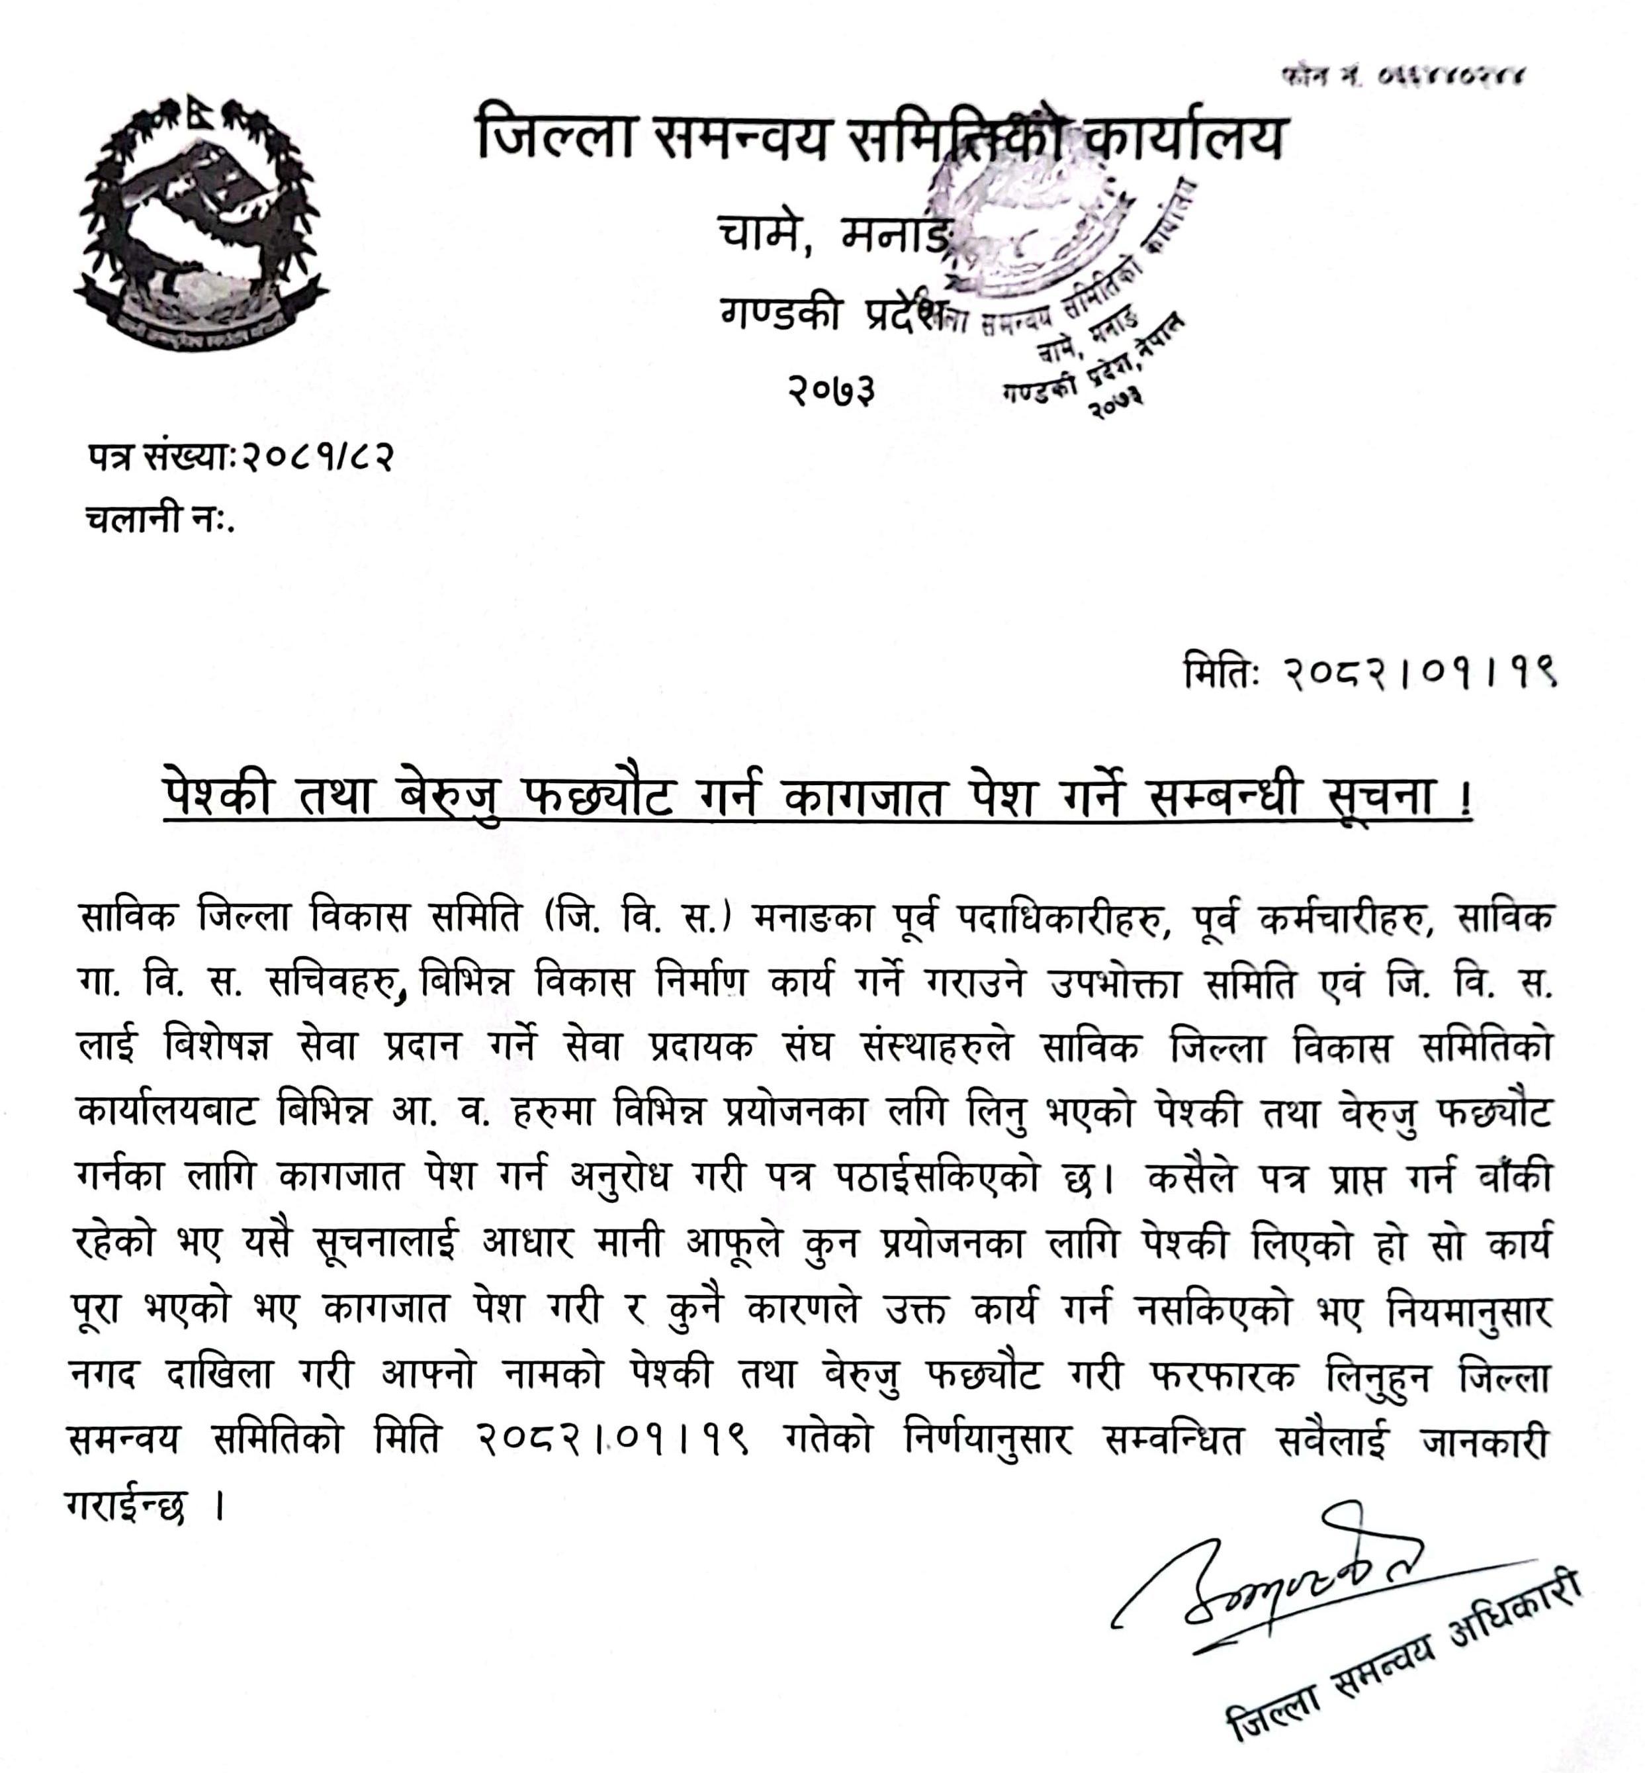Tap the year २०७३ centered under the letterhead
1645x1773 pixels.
click(x=830, y=390)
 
